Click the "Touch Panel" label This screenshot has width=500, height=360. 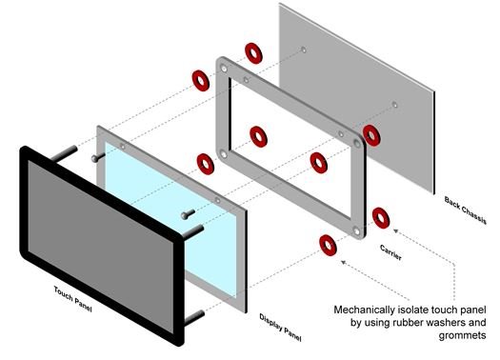pos(73,299)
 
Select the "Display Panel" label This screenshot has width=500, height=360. pos(280,328)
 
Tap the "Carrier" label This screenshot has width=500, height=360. pos(390,252)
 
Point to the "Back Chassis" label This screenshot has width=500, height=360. pos(466,210)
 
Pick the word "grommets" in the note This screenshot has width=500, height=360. pos(462,335)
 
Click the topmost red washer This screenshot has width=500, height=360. pos(253,53)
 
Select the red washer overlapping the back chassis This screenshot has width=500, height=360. pos(371,135)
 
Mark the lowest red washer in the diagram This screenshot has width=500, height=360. pos(328,245)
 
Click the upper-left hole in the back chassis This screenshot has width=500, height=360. pos(304,50)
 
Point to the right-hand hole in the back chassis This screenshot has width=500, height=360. pos(394,105)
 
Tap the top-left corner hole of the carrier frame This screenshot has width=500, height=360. pos(224,69)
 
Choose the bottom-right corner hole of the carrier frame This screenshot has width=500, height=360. pos(356,230)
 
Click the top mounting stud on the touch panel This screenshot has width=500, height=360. pos(64,153)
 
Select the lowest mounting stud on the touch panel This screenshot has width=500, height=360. pos(194,318)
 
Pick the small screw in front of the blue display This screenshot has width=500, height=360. pos(188,214)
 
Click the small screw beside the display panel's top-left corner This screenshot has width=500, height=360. pos(98,157)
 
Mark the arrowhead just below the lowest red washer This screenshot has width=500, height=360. pos(344,263)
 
